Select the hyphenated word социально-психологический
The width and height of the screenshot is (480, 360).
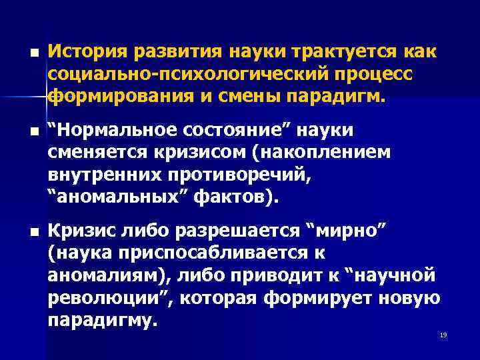[187, 74]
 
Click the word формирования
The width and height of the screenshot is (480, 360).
[121, 97]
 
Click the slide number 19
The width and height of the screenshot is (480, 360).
[443, 334]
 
